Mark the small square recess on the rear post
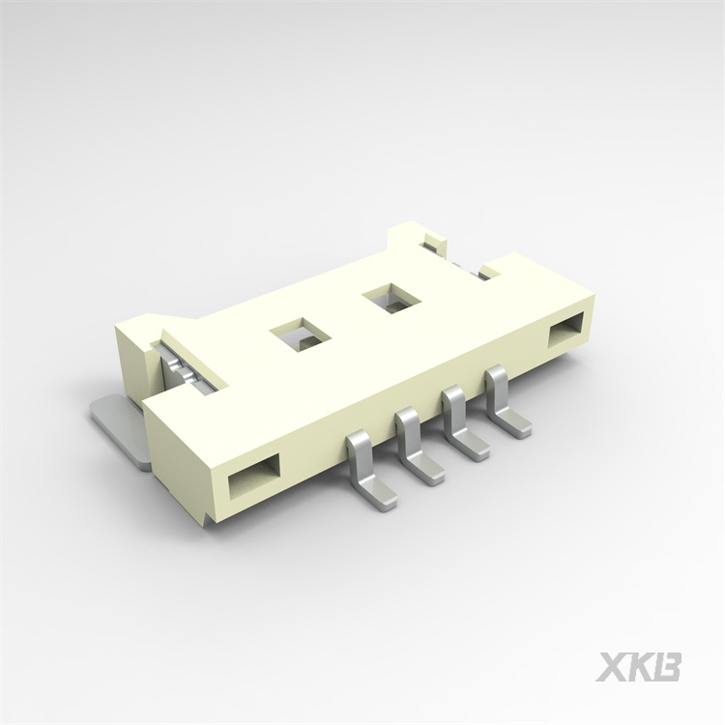[432, 238]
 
